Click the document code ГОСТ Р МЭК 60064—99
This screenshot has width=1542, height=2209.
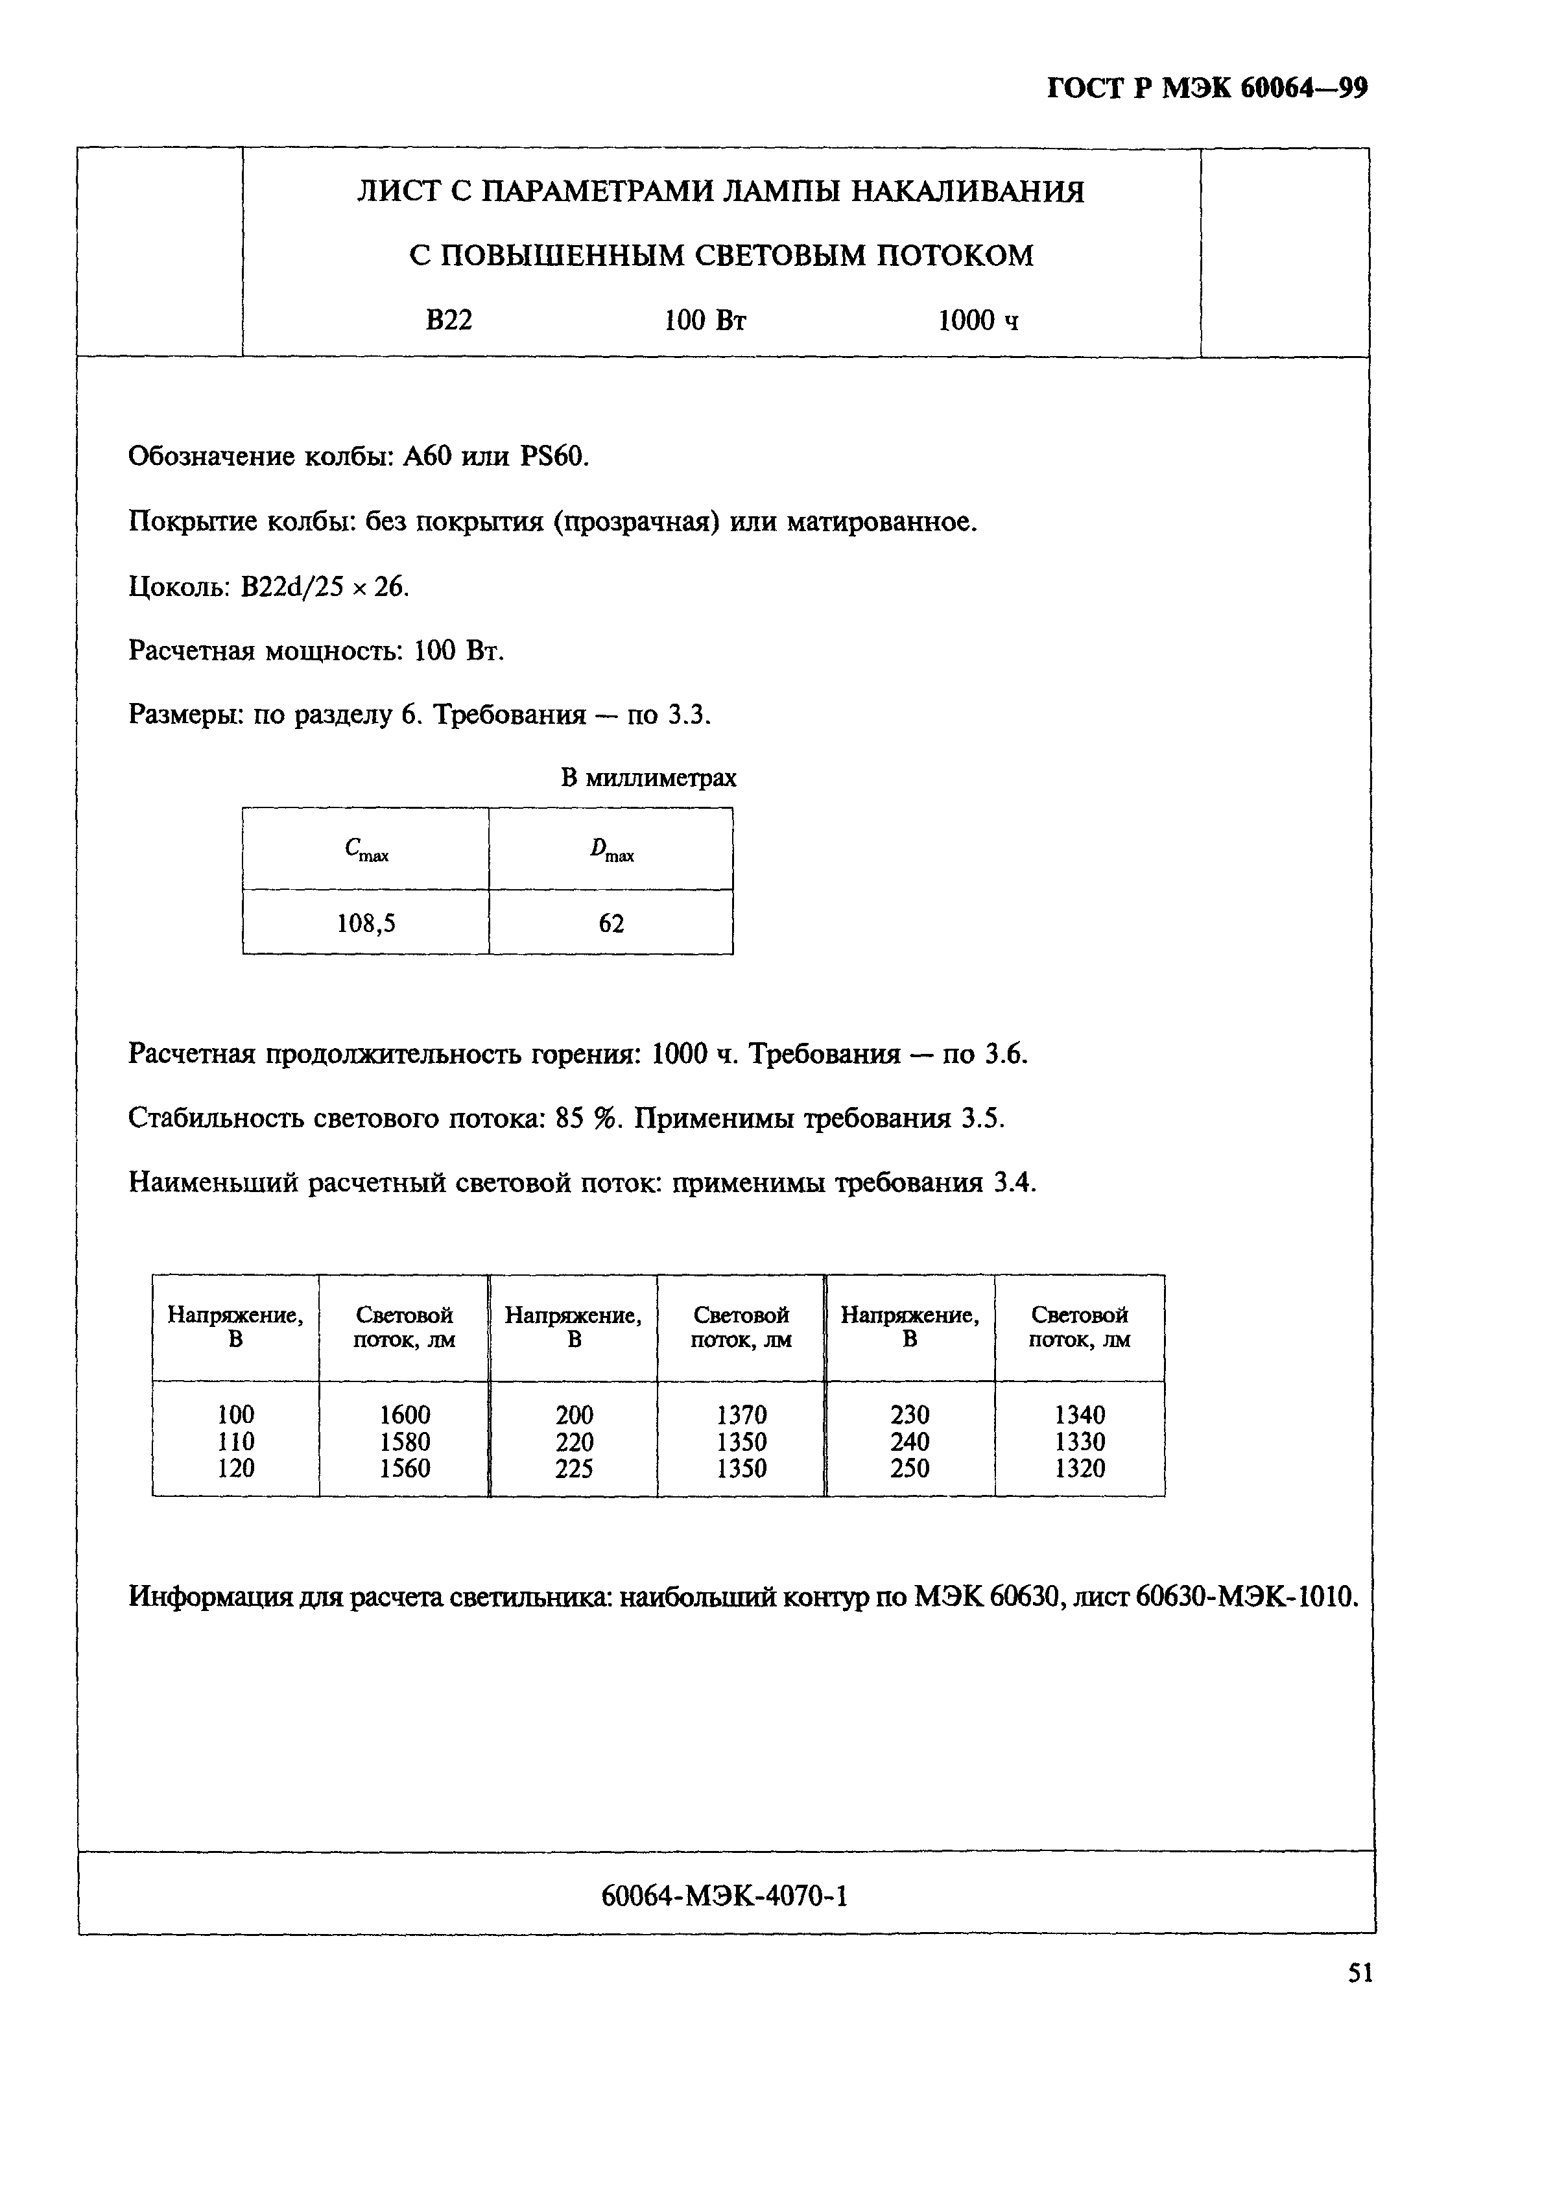point(1206,88)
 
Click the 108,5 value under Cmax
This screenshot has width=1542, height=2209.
point(366,924)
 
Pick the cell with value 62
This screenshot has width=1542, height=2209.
point(611,924)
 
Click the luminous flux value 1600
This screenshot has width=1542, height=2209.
point(405,1415)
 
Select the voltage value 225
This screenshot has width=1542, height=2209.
point(575,1468)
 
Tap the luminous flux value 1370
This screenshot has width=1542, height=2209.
point(742,1415)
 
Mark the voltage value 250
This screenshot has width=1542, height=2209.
point(910,1468)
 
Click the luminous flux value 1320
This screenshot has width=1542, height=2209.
point(1079,1468)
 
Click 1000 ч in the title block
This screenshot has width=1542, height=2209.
point(977,320)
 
